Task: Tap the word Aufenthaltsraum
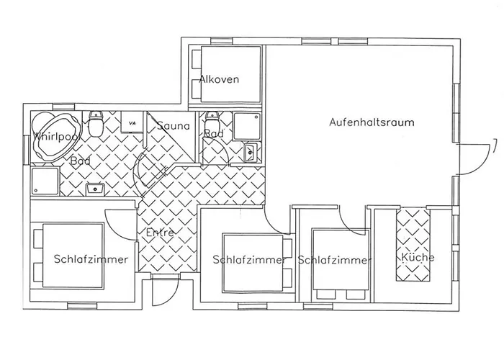click(x=372, y=122)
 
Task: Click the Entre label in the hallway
click(x=160, y=233)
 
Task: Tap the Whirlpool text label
click(x=57, y=136)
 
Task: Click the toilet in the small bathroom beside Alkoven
click(x=212, y=119)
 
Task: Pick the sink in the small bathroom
click(x=250, y=151)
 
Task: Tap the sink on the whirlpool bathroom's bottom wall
click(x=94, y=189)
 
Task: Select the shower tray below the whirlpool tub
click(x=45, y=181)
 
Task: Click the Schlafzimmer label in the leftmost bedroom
click(x=91, y=259)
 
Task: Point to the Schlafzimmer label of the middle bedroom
click(x=249, y=260)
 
